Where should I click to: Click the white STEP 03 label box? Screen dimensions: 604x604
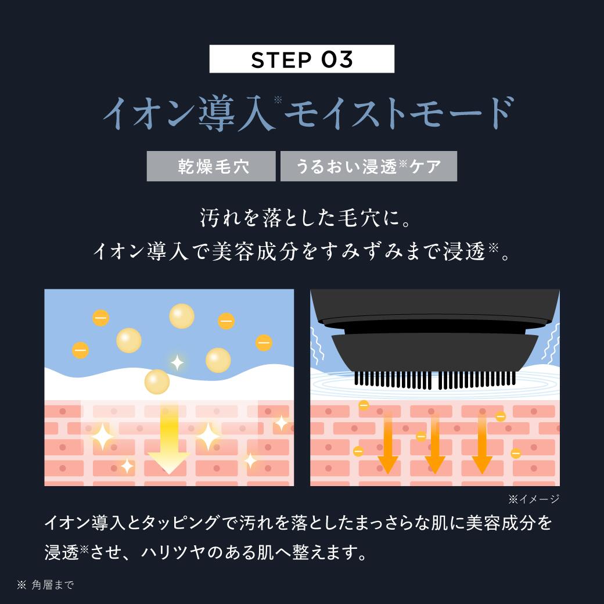(x=301, y=59)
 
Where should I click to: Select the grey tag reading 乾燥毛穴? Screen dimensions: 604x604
(x=211, y=167)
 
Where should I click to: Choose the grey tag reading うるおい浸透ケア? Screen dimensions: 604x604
(x=368, y=167)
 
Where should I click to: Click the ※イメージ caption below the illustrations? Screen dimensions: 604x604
(x=533, y=499)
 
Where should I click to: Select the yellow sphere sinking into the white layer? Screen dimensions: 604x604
(x=157, y=382)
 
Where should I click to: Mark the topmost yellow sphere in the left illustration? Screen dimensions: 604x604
(x=182, y=316)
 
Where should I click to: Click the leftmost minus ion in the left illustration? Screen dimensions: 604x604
(x=80, y=350)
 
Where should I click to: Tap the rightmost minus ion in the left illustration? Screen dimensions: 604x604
(x=264, y=343)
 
